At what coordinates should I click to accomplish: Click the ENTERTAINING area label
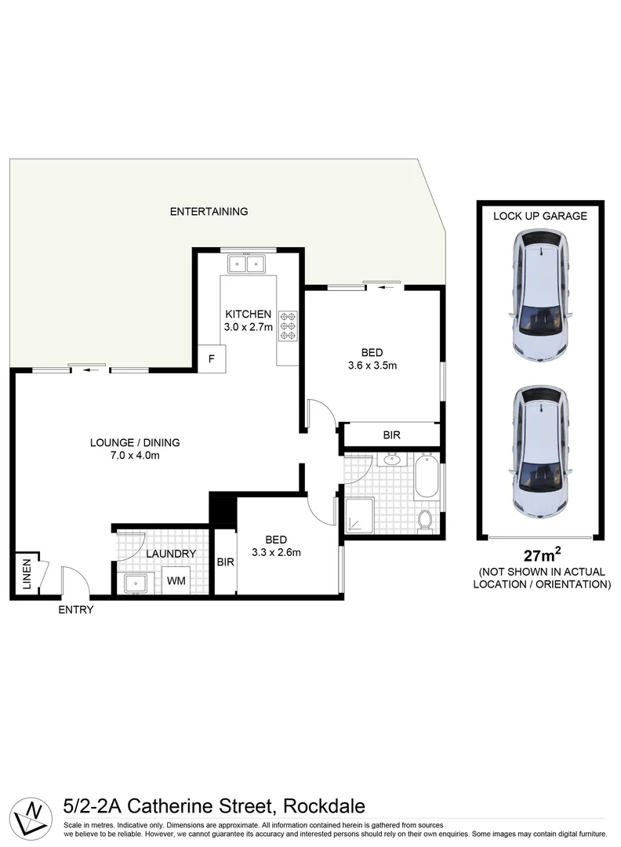click(x=209, y=211)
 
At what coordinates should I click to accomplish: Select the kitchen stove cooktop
click(x=287, y=325)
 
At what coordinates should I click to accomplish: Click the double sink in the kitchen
click(x=247, y=263)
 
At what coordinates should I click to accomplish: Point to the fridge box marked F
click(x=211, y=359)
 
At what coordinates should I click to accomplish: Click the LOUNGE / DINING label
click(x=135, y=442)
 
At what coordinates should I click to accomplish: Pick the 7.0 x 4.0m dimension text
click(x=135, y=456)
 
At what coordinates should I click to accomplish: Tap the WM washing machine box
click(x=176, y=581)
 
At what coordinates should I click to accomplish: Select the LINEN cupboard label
click(x=25, y=573)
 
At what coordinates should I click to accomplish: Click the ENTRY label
click(x=76, y=609)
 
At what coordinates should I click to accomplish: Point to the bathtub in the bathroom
click(x=427, y=476)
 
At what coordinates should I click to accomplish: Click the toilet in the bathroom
click(x=426, y=520)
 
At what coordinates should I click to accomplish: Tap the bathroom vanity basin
click(x=391, y=460)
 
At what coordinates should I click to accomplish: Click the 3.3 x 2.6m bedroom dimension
click(x=275, y=552)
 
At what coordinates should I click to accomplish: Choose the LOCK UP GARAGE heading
click(x=539, y=216)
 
